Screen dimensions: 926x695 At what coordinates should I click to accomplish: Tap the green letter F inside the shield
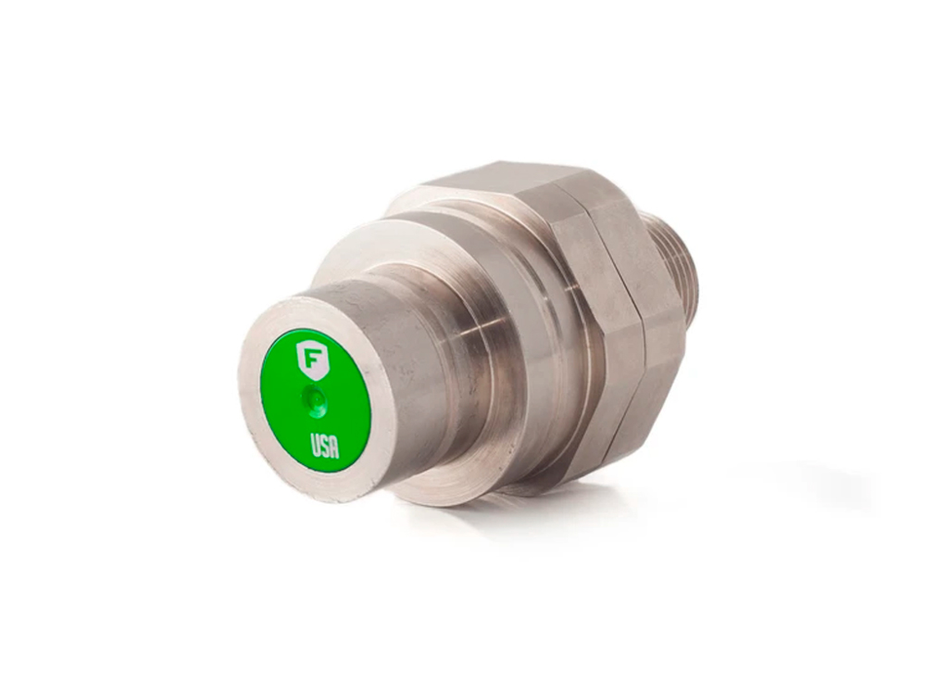[309, 357]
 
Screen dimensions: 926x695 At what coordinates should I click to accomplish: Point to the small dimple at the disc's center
[316, 400]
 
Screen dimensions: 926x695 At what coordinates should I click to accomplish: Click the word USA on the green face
[325, 447]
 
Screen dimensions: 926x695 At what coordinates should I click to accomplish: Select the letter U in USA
[316, 444]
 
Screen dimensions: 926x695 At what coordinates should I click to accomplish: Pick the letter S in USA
[325, 447]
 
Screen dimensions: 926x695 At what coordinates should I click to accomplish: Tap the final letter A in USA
[334, 449]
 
